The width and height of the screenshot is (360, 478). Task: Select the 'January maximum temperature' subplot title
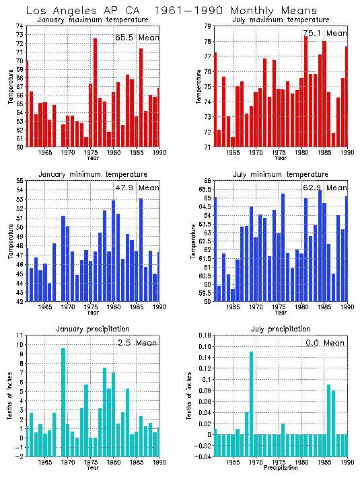[x=94, y=19]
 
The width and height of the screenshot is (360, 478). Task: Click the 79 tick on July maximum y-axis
[x=207, y=26]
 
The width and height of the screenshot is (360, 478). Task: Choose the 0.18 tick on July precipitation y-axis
[x=203, y=335]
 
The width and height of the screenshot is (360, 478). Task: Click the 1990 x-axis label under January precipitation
[x=159, y=463]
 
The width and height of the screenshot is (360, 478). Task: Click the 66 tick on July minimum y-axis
[x=207, y=181]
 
